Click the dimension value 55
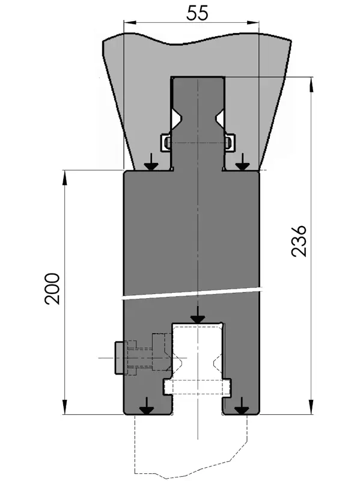(x=198, y=13)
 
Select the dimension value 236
(x=299, y=241)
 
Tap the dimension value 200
(x=52, y=289)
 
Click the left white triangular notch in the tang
(x=177, y=118)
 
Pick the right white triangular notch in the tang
(x=219, y=118)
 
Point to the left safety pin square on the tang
(x=166, y=142)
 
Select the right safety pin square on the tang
(x=230, y=142)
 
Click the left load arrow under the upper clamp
(x=151, y=162)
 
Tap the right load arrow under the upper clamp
(x=243, y=162)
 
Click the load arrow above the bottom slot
(x=198, y=314)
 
